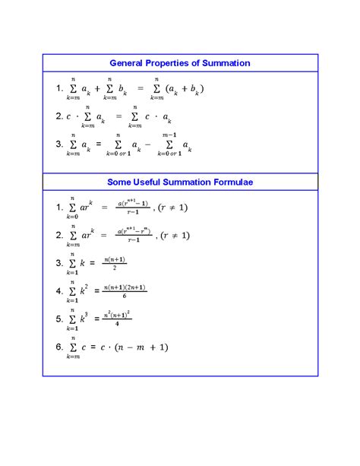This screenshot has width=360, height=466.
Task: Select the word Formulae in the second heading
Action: click(x=229, y=182)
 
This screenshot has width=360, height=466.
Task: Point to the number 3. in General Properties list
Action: click(x=61, y=144)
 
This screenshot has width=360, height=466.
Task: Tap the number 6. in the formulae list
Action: click(x=61, y=347)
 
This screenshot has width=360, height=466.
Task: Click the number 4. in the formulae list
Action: click(x=61, y=291)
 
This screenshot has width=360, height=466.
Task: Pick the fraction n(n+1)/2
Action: click(x=114, y=263)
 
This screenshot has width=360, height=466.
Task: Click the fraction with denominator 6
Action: click(x=125, y=291)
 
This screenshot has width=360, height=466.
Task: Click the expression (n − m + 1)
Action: click(x=141, y=347)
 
